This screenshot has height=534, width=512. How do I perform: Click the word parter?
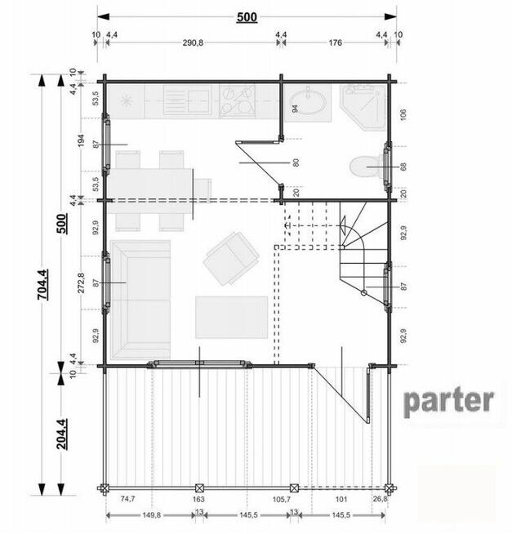click(448, 403)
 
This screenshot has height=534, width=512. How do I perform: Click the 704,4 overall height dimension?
click(42, 284)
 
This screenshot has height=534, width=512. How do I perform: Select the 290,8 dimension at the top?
click(193, 42)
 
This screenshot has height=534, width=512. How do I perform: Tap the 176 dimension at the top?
click(335, 42)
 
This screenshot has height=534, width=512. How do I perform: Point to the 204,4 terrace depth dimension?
click(62, 434)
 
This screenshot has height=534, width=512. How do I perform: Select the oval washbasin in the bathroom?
click(308, 103)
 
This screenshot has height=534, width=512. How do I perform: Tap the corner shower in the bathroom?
click(363, 107)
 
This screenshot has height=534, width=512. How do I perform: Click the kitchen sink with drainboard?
click(187, 100)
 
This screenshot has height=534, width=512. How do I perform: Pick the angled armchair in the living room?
click(231, 259)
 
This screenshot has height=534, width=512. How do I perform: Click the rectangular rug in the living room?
click(231, 317)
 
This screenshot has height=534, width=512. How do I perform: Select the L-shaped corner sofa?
click(140, 300)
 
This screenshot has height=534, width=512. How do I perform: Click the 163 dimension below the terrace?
click(198, 499)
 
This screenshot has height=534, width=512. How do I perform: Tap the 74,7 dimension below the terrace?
click(127, 499)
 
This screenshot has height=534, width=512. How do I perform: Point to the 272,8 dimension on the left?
click(81, 283)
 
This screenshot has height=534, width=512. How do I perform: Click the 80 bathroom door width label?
click(296, 162)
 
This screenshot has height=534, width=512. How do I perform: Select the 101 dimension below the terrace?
click(341, 499)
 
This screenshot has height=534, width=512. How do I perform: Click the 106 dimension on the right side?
click(403, 114)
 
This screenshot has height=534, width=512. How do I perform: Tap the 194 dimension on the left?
click(81, 140)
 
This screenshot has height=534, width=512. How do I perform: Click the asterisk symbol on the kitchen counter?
click(127, 100)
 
